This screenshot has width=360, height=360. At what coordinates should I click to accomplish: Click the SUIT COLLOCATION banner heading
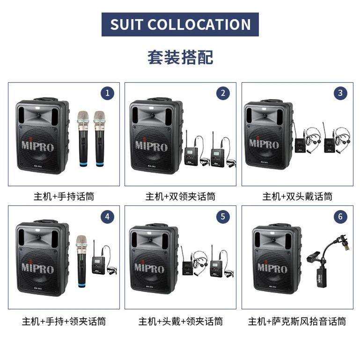180,24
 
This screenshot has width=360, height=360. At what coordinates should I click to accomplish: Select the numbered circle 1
108,93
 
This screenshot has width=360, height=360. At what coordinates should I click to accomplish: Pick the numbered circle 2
223,93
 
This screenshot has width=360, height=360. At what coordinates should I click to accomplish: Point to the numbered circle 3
340,93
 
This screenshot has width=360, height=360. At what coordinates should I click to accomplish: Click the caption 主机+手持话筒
64,196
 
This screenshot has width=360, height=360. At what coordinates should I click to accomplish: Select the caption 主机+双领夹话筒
180,196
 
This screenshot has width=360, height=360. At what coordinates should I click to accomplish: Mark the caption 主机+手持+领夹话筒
64,322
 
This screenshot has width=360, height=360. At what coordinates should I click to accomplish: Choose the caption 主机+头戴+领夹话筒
180,322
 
